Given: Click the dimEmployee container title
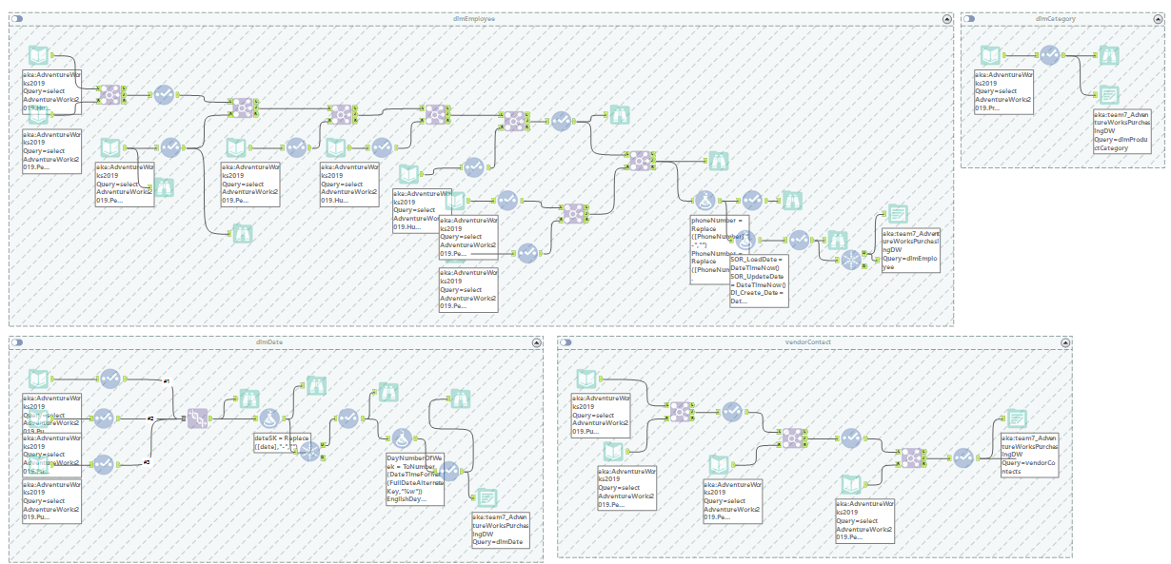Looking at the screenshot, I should coord(480,18).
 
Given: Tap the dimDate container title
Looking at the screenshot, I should coord(269,341).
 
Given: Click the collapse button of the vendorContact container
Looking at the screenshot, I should coord(1063,341).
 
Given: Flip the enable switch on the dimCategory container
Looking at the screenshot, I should coord(971,18).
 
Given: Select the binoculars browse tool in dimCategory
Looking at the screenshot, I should coord(1109,55).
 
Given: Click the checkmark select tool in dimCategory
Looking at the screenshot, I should coord(1049,56).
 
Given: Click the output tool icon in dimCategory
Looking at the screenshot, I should coord(1109,94).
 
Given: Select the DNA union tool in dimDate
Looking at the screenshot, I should coord(198,418).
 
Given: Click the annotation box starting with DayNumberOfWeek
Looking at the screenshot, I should coord(414,479).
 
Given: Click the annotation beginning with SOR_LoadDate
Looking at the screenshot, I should coord(759,280).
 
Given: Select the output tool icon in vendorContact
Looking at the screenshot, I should coord(1017,419).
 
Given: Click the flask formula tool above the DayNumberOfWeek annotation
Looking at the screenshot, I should coord(402,437).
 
